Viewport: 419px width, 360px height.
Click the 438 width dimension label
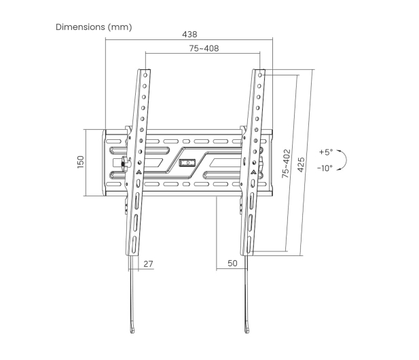[189, 34]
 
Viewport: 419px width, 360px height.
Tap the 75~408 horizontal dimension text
[204, 48]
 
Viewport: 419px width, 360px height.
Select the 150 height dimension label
[80, 162]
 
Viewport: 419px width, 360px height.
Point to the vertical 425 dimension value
[301, 164]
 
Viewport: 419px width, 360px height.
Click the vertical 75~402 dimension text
[286, 164]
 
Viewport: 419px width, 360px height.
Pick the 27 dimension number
[148, 264]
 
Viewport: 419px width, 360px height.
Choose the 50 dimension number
[232, 264]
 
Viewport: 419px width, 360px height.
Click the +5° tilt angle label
[326, 151]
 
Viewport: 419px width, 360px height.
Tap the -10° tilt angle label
[325, 168]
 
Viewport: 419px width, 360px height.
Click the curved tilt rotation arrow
[346, 160]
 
